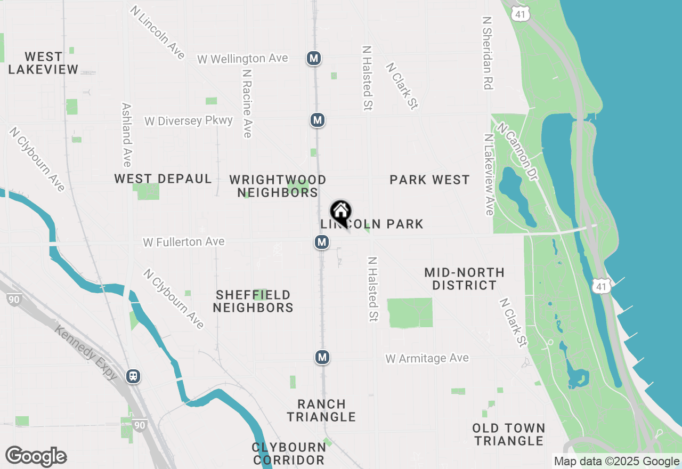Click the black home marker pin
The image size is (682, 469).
pyautogui.click(x=340, y=212)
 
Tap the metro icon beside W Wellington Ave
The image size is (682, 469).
pyautogui.click(x=314, y=58)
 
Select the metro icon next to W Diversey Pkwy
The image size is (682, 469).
pyautogui.click(x=318, y=120)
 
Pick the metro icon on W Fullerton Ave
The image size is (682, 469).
pyautogui.click(x=321, y=242)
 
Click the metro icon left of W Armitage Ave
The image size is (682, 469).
pyautogui.click(x=322, y=357)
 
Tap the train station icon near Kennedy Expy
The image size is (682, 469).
pyautogui.click(x=133, y=376)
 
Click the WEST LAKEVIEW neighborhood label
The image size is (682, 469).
pyautogui.click(x=43, y=63)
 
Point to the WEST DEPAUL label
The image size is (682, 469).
pyautogui.click(x=163, y=179)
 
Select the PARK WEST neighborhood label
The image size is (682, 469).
pyautogui.click(x=429, y=180)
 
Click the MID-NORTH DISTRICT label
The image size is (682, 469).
pyautogui.click(x=464, y=279)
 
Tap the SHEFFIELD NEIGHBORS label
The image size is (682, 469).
pyautogui.click(x=253, y=301)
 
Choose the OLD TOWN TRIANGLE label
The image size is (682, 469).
pyautogui.click(x=509, y=434)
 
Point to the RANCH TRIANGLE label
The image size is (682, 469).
pyautogui.click(x=321, y=410)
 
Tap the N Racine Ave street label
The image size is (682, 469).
pyautogui.click(x=247, y=103)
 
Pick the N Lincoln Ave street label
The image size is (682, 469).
pyautogui.click(x=157, y=33)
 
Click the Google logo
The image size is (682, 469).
pyautogui.click(x=36, y=457)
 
